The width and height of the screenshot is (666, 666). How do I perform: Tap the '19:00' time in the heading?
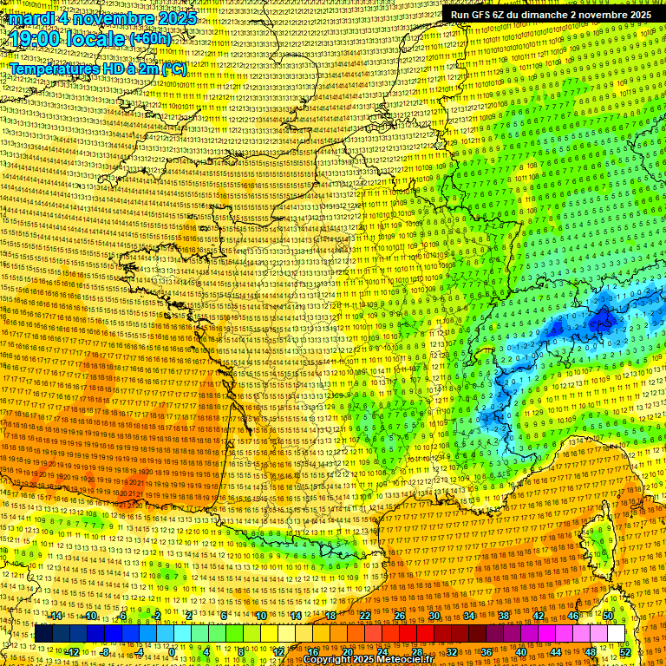(41, 39)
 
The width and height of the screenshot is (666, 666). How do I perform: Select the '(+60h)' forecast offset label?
(150, 39)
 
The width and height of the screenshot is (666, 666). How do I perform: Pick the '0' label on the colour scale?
(172, 652)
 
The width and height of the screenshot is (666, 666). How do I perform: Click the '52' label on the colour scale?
(624, 652)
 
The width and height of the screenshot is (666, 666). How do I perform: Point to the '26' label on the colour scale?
(400, 616)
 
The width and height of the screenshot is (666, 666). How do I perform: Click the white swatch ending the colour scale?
(616, 634)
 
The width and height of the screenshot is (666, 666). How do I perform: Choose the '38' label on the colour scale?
(503, 616)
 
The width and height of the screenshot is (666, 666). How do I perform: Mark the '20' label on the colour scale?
(347, 652)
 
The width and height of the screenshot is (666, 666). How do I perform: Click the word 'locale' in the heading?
(97, 39)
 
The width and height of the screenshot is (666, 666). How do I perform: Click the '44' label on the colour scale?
(555, 652)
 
